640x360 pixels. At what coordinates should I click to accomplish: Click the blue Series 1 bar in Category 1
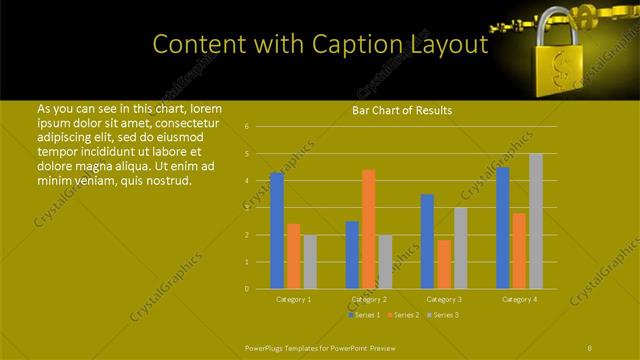point(277,231)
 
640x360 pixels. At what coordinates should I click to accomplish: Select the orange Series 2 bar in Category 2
point(368,229)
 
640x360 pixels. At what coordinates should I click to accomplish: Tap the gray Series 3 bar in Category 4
point(536,221)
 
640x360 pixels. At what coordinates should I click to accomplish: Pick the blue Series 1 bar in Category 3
point(427,241)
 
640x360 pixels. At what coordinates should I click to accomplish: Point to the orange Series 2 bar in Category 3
point(443,264)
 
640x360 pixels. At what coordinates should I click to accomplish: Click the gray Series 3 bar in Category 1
point(309,262)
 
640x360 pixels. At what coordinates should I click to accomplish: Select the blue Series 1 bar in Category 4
point(503,228)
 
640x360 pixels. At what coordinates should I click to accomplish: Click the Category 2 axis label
point(369,299)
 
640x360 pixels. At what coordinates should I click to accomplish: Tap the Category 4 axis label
point(519,299)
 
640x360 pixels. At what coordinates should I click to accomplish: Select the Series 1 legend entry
point(363,315)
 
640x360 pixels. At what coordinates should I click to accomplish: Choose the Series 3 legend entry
point(445,315)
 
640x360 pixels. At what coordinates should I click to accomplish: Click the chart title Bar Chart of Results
point(403,110)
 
